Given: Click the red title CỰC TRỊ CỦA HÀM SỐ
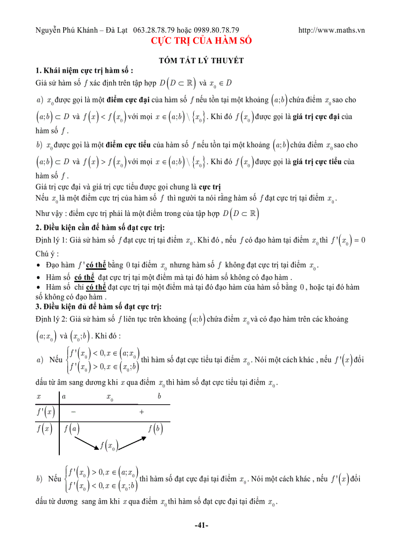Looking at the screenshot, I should [x=201, y=41].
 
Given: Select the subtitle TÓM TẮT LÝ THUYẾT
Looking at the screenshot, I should [x=201, y=60].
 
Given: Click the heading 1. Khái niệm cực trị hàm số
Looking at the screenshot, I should [x=84, y=70].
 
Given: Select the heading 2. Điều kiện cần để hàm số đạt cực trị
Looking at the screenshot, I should [x=100, y=227].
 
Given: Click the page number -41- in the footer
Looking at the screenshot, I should [x=201, y=526].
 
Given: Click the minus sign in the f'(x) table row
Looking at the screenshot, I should [x=73, y=412].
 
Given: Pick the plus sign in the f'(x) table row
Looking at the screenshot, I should [x=142, y=412].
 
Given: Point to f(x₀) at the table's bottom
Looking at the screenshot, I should [x=108, y=446].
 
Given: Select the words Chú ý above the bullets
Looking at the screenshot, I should [x=47, y=254].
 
